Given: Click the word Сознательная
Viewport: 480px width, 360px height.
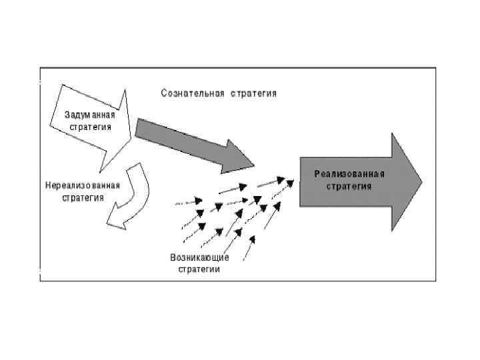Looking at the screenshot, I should coord(193,93).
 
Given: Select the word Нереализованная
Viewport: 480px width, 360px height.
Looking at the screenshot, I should coord(83,185).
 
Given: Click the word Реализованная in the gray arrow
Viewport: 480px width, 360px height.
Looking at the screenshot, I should coord(349,174).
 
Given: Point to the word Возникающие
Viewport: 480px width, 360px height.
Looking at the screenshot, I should coord(199,258).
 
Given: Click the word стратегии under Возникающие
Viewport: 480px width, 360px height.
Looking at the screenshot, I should coord(199,269).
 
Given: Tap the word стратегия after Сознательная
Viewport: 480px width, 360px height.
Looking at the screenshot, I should coord(253,93).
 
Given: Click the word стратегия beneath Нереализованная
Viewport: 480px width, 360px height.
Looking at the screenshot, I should coord(83,197).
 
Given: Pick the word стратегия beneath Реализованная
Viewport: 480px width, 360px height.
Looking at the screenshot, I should coord(349,186).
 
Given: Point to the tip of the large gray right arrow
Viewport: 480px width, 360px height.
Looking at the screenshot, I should coord(421,181).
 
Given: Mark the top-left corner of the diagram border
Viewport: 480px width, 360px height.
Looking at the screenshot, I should coord(41,67).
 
